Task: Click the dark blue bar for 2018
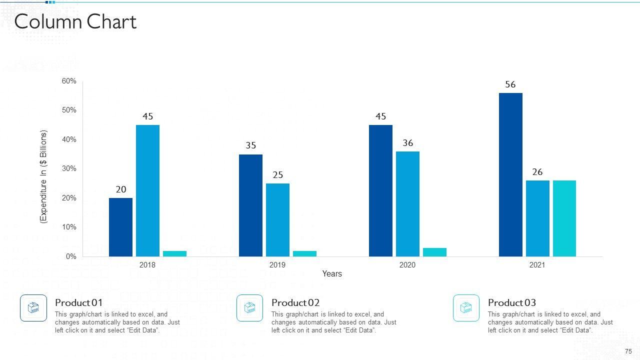coord(120,227)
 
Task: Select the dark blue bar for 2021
coord(510,174)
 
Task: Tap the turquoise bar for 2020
coord(434,252)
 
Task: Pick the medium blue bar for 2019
coord(277,220)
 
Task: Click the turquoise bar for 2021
coord(564,218)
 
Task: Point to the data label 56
coord(510,84)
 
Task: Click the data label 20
coord(121,189)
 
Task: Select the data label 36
coord(408,143)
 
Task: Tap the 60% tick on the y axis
coord(69,81)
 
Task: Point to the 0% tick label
coord(70,256)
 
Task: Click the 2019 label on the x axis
coord(277,265)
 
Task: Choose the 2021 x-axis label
coord(537,265)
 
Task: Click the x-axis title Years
coord(332,273)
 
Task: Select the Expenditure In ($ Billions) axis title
coord(43,177)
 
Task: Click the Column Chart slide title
coord(75,22)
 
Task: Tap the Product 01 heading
coord(78,302)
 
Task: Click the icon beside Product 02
coord(249,308)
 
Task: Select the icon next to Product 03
coord(466,308)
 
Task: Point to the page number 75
coord(628,351)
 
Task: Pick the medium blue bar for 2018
coord(147,190)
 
